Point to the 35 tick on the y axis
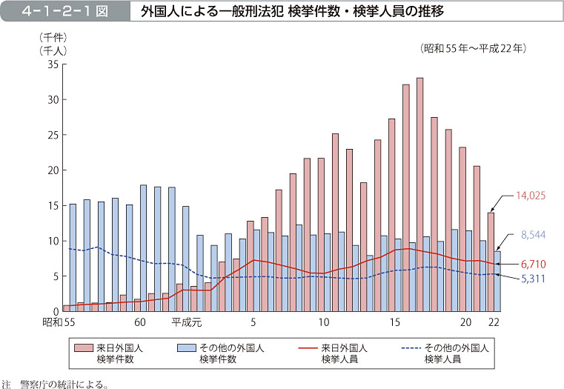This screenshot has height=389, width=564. (52, 64)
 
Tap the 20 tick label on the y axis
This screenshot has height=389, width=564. (52, 170)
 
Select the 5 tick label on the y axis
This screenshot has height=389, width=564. (55, 276)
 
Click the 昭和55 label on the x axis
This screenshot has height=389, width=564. (59, 322)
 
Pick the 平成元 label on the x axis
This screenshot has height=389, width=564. (187, 322)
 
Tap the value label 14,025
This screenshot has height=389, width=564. (531, 196)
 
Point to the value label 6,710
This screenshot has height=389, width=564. (534, 264)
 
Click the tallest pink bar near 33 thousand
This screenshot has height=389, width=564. (419, 193)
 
